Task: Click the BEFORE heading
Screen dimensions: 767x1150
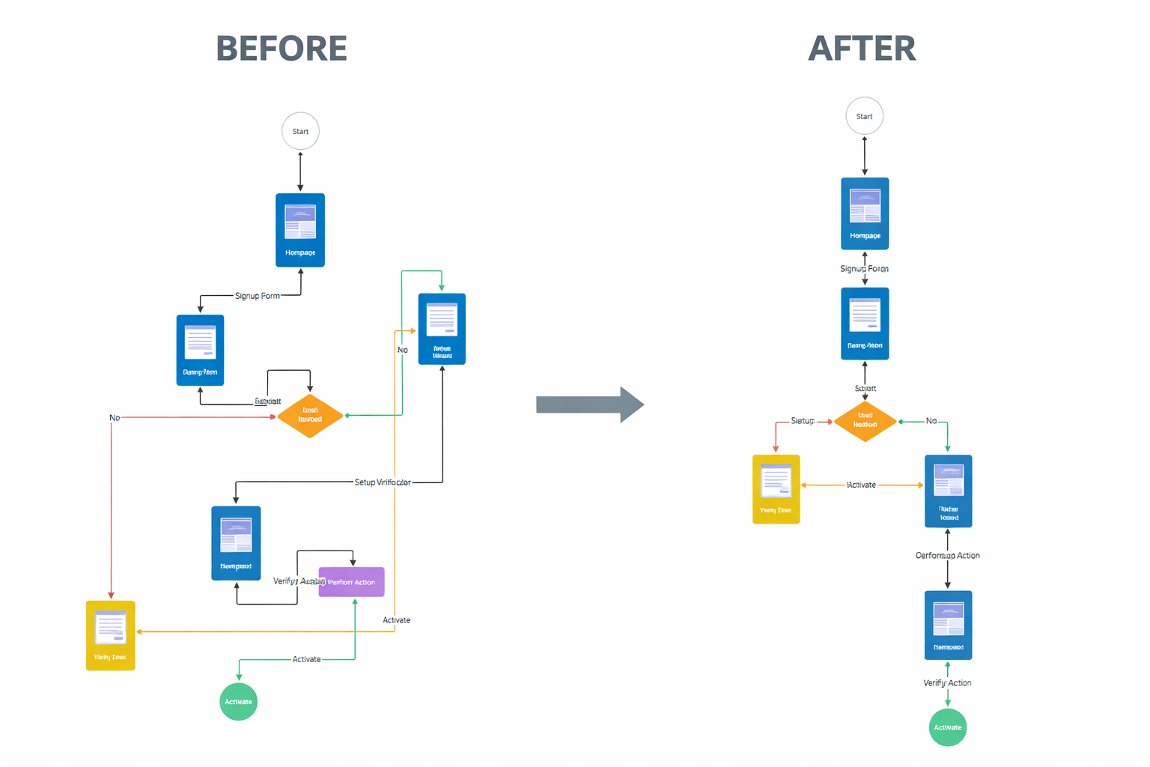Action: pos(282,49)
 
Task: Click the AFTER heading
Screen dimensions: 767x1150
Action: pos(862,49)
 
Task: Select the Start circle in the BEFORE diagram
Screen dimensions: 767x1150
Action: pos(300,131)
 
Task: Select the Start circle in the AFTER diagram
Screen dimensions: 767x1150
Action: pos(864,116)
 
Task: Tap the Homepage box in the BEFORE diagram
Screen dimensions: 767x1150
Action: pos(300,230)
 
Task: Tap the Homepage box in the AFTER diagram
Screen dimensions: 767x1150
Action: pos(865,213)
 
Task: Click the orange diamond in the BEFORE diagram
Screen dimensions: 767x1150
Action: pos(310,415)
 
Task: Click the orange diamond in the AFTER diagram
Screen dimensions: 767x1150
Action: pos(865,421)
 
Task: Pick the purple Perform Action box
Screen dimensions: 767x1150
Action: pos(352,582)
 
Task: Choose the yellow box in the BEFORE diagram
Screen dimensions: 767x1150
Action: pos(110,635)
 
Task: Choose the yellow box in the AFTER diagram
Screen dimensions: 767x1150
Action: pos(776,489)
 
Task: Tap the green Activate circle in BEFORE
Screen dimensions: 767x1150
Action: pos(238,702)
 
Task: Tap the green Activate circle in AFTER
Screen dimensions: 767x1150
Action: pos(947,727)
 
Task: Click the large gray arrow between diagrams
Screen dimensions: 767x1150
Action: pos(589,405)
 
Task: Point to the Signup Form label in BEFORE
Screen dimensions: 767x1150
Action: pos(257,296)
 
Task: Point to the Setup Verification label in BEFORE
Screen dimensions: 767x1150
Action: pos(382,482)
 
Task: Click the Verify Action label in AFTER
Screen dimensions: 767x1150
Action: pos(947,683)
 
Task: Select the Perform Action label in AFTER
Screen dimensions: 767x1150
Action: pos(947,556)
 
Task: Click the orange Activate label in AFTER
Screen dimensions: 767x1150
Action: pos(861,485)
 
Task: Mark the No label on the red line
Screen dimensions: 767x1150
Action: pos(115,418)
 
